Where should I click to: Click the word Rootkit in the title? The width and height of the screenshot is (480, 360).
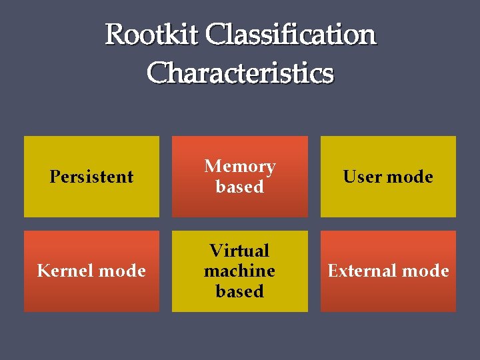tap(152, 35)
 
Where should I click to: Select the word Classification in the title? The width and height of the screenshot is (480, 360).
tap(291, 35)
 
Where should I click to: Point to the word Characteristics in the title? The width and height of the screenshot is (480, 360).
tap(240, 73)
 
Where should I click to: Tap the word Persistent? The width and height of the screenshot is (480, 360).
tap(91, 177)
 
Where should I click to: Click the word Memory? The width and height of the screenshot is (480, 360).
tap(239, 166)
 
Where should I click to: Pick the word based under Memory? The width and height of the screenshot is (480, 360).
tap(239, 187)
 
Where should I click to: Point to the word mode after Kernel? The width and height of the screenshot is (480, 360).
tap(123, 271)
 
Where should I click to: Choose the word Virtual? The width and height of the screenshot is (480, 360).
tap(239, 251)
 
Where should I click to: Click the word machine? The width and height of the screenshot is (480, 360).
tap(239, 271)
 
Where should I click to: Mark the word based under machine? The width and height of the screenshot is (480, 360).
tap(239, 291)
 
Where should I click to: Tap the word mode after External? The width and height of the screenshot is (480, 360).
tap(427, 271)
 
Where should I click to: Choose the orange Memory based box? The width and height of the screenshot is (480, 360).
tap(240, 203)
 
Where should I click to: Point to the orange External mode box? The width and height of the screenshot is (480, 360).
tap(388, 297)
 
